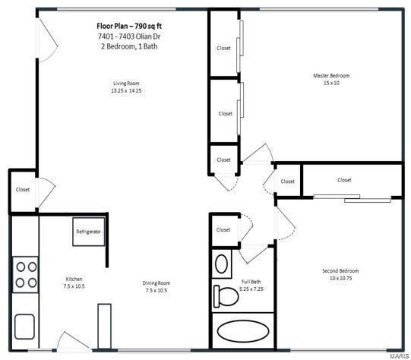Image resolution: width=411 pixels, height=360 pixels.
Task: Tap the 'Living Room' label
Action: click(126, 84)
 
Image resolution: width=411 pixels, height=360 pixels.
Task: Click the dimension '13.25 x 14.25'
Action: click(126, 91)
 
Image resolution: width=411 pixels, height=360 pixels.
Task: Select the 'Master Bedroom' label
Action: click(331, 75)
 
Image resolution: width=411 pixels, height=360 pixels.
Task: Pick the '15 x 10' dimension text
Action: click(331, 83)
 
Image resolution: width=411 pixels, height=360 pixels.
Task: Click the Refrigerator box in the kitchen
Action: click(88, 232)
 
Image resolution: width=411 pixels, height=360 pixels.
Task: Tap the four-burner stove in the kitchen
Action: click(25, 274)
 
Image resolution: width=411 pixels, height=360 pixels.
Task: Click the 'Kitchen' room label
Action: click(73, 279)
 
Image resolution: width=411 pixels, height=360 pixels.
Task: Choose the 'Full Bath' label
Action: click(230, 281)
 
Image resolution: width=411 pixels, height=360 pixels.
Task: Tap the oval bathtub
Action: click(242, 331)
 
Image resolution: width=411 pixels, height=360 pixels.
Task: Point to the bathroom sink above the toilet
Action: click(223, 264)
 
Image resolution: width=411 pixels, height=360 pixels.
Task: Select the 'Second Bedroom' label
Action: click(340, 271)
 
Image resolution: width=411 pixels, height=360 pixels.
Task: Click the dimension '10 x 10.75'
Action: click(340, 279)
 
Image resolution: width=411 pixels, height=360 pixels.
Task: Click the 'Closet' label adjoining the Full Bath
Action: click(223, 229)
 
